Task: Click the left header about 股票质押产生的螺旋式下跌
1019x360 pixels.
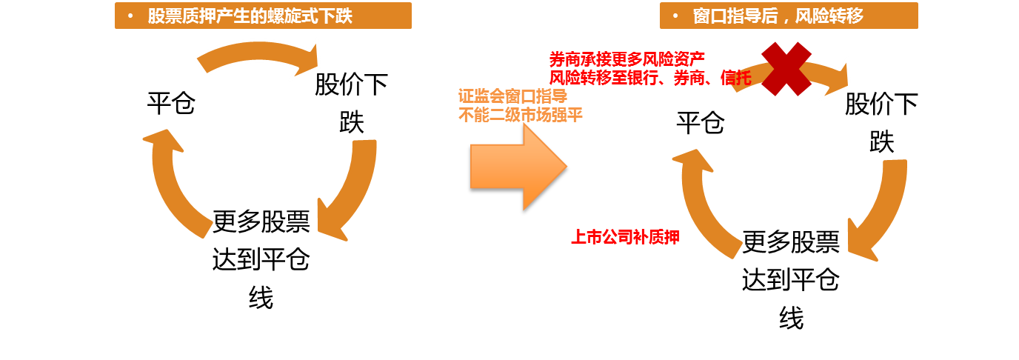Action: tap(263, 16)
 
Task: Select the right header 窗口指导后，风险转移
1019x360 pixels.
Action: tap(789, 16)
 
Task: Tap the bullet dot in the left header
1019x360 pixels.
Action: tap(130, 16)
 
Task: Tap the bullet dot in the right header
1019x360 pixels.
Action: tap(675, 16)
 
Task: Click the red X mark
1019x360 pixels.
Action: tap(786, 69)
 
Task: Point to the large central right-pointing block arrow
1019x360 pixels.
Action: tap(518, 167)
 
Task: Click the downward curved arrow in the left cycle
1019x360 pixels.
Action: tap(350, 189)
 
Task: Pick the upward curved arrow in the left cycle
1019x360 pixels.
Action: tap(175, 181)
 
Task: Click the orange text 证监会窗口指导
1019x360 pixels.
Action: tap(502, 97)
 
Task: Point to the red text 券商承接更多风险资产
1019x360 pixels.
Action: tap(627, 59)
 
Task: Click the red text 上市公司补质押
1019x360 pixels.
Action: tap(625, 238)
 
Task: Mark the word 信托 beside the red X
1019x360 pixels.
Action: tap(736, 78)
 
